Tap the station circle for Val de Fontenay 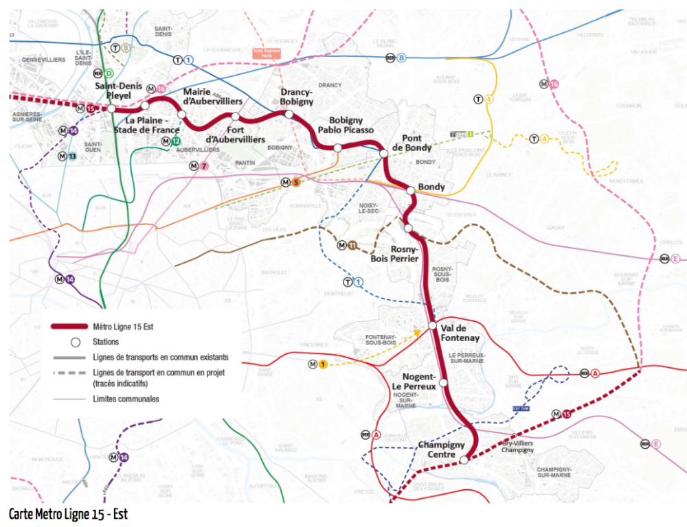(x=432, y=325)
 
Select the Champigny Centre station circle (x=464, y=460)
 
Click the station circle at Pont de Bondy (x=383, y=153)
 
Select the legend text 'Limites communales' (x=126, y=399)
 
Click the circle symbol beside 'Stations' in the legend (x=76, y=342)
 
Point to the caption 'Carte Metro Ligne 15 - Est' (x=68, y=514)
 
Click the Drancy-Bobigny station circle (x=289, y=114)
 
